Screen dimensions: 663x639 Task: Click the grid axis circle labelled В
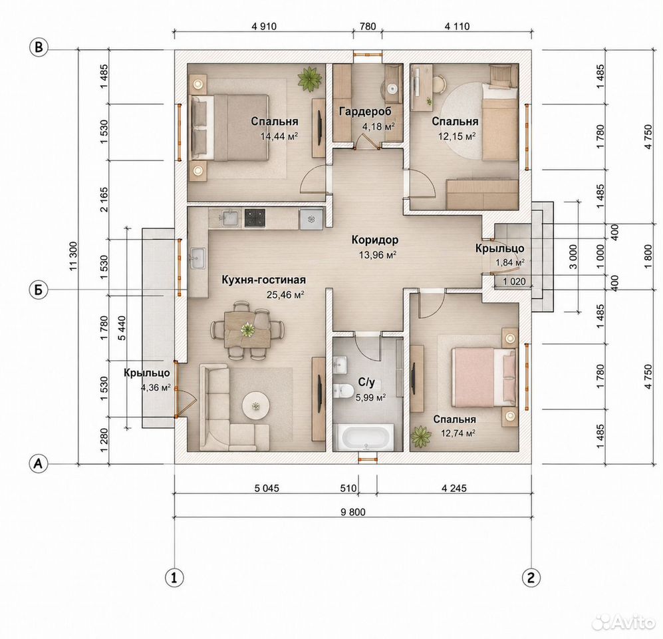(39, 47)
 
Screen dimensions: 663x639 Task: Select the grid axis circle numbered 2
(531, 577)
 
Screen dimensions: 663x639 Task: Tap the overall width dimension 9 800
(352, 512)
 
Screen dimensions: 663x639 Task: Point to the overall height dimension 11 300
(74, 256)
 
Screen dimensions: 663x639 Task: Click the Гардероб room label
(365, 111)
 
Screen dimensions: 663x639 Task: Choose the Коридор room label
(374, 240)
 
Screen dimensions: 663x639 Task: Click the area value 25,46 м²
(286, 294)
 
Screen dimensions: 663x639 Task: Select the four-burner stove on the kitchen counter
(255, 218)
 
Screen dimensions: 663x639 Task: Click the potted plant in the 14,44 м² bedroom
(310, 79)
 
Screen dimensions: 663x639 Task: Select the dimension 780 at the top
(368, 26)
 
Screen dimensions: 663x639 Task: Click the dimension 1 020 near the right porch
(514, 282)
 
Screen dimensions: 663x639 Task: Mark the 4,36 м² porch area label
(156, 387)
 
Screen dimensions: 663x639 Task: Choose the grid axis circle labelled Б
(39, 290)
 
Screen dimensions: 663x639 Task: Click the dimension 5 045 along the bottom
(267, 489)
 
